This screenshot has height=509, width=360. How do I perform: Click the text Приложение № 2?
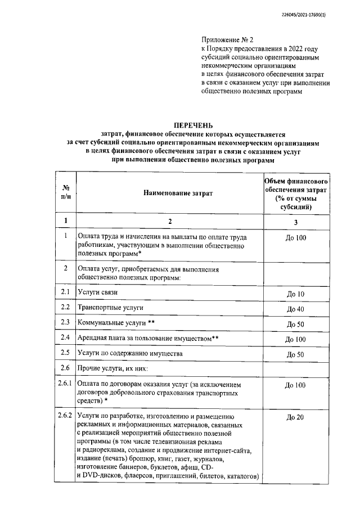(228, 40)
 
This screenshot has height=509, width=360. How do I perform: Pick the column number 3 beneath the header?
(296, 220)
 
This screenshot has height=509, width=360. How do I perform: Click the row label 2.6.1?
(65, 385)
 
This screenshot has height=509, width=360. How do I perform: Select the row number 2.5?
(65, 353)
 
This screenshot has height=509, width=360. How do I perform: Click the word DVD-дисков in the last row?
(105, 477)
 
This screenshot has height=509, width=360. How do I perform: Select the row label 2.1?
(65, 292)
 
